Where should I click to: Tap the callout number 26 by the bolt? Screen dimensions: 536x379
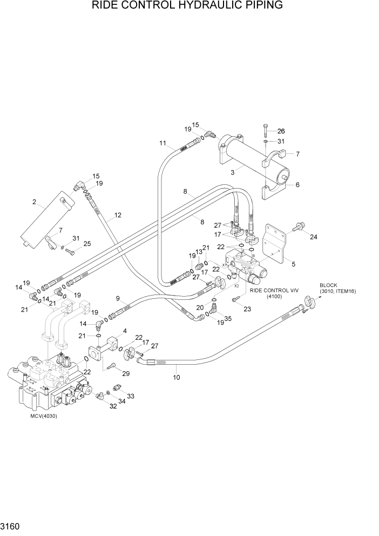click(281, 131)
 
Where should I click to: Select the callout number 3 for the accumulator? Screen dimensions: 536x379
click(232, 172)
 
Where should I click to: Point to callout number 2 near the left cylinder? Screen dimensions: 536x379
click(35, 203)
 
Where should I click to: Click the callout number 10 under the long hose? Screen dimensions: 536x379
click(176, 378)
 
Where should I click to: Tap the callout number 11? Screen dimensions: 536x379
click(162, 143)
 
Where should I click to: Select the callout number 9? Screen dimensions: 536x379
click(117, 298)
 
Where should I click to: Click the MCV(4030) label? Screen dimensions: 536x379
click(43, 416)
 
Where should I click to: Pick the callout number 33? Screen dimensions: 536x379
click(131, 396)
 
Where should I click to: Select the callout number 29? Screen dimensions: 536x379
click(126, 374)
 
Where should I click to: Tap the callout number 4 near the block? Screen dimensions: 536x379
click(125, 331)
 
